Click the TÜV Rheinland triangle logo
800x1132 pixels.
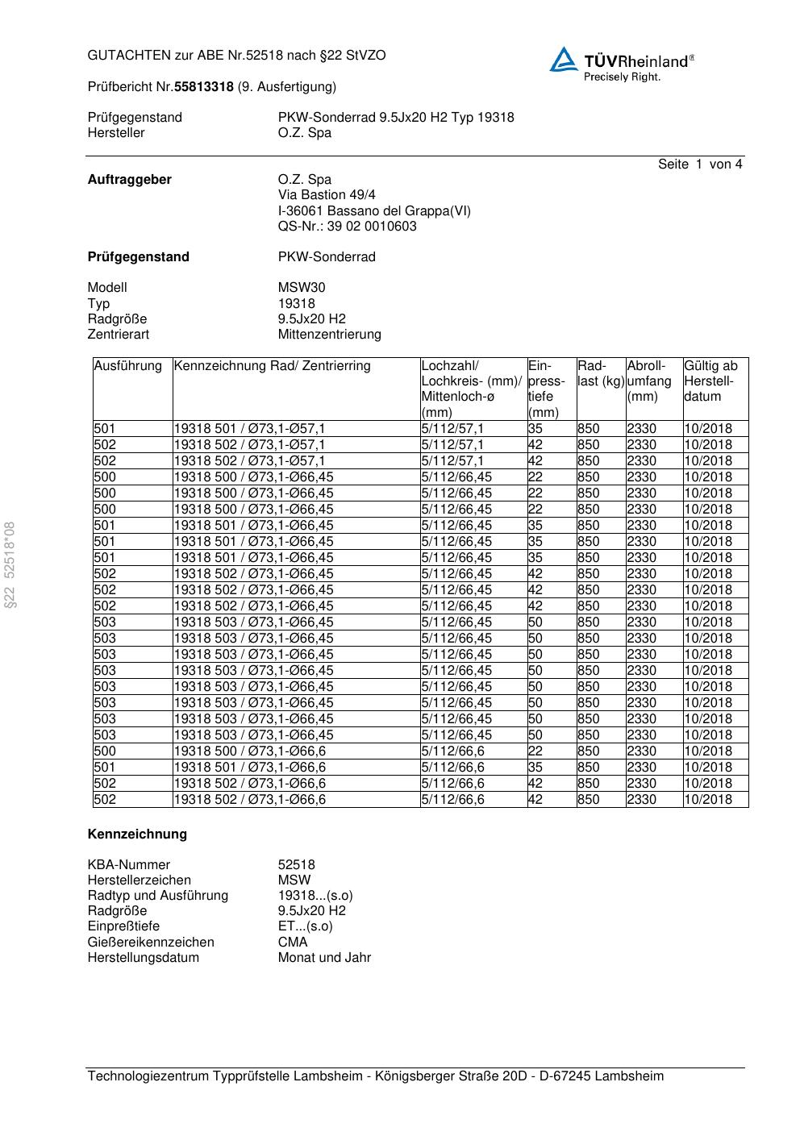[x=564, y=59]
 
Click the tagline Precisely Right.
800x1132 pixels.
[x=622, y=77]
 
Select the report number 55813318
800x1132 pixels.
[x=204, y=87]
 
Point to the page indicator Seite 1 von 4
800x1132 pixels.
[x=699, y=164]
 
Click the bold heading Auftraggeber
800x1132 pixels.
[x=129, y=180]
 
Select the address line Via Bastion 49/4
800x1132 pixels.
[x=327, y=195]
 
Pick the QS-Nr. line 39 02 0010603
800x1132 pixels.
[x=348, y=227]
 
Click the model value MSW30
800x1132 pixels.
[x=302, y=288]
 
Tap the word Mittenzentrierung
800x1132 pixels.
[x=329, y=335]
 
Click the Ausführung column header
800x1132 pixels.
[x=127, y=366]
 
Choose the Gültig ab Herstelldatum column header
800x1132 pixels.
[x=710, y=381]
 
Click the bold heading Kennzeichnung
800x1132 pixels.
[x=137, y=834]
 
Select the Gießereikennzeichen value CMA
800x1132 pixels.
[x=293, y=943]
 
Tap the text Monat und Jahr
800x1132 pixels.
[x=324, y=958]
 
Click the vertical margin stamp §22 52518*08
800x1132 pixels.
[x=10, y=565]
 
